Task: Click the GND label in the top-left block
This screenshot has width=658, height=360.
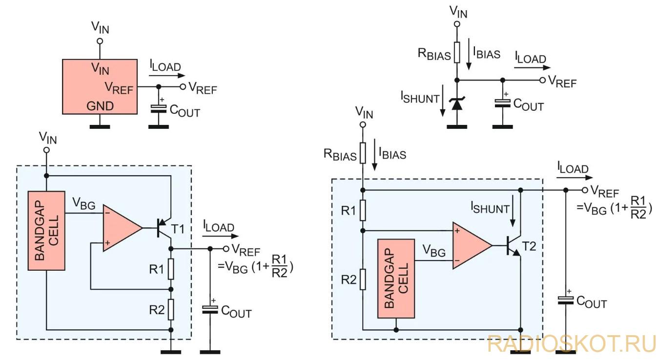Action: point(100,106)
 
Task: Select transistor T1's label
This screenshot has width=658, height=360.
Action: point(178,229)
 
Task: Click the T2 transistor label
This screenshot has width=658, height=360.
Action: point(529,246)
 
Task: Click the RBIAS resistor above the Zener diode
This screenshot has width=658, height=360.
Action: point(457,52)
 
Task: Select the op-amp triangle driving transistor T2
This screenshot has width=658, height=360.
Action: point(473,245)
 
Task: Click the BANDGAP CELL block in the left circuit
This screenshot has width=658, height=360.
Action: point(46,231)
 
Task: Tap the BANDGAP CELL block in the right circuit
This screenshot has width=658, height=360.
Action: point(396,279)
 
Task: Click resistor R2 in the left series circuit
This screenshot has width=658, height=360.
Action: point(171,309)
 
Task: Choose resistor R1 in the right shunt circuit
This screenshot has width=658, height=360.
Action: point(363,210)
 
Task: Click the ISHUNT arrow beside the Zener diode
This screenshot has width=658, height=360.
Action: point(443,100)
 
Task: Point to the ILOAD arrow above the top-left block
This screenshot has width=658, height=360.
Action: point(167,76)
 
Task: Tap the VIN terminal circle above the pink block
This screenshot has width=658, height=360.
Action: point(100,41)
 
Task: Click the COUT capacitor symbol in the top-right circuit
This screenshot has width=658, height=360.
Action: point(503,103)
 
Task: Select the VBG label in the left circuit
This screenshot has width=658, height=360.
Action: point(84,203)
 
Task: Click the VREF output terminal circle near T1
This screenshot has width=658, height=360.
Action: point(226,249)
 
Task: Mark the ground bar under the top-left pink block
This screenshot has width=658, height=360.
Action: point(100,127)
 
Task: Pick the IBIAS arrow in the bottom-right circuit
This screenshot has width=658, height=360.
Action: point(374,155)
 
